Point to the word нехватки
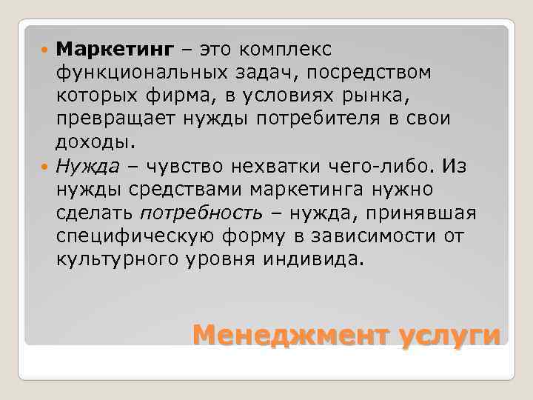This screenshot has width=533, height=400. (x=266, y=165)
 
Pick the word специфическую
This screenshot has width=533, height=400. (x=138, y=236)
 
